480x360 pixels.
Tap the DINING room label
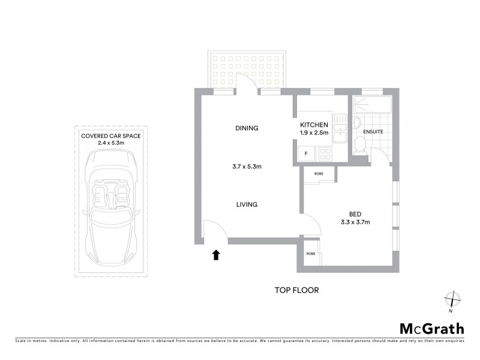tap(247, 128)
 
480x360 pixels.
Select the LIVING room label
tap(246, 205)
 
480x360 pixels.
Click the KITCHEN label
tap(314, 124)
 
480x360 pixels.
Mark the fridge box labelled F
tap(307, 154)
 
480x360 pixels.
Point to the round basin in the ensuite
tap(357, 124)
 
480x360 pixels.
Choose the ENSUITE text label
tap(373, 131)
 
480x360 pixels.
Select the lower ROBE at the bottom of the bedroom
tap(310, 254)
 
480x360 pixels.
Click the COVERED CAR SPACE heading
tap(110, 136)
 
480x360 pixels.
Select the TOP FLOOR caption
tap(296, 290)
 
